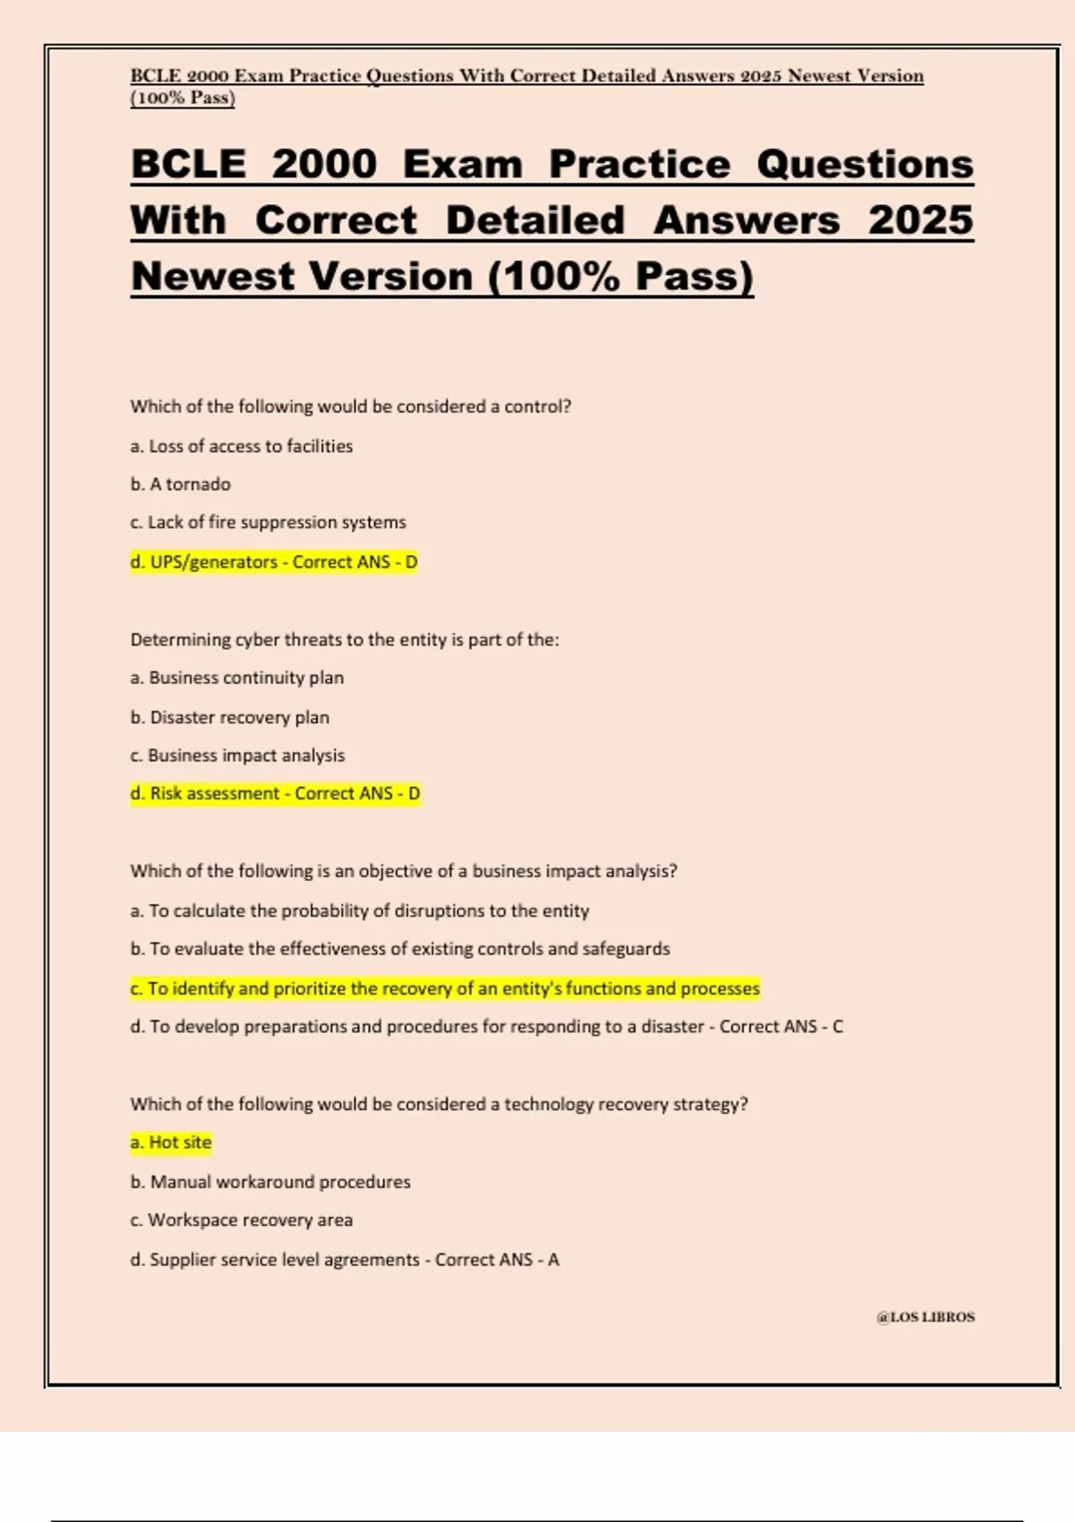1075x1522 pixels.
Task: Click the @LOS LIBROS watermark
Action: (925, 1317)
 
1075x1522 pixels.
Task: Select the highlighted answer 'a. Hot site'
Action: (171, 1142)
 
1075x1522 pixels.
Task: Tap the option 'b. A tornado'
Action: (180, 484)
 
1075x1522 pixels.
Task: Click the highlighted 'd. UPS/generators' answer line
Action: (273, 562)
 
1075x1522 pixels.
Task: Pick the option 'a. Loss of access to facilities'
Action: (241, 446)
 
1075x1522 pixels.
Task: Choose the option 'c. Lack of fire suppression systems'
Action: (268, 522)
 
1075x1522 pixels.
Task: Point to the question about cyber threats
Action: (344, 639)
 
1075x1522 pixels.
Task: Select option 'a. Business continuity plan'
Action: (236, 678)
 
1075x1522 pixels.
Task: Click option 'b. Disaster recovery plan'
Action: (229, 717)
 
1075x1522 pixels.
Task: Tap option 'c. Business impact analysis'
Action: (237, 756)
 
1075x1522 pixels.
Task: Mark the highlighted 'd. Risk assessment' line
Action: (275, 794)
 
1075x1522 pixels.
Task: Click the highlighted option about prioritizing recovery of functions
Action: (444, 988)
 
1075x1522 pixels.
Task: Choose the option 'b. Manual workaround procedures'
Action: (270, 1182)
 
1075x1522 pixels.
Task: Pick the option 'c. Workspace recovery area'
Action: (241, 1220)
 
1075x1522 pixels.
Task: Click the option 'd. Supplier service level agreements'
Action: (344, 1260)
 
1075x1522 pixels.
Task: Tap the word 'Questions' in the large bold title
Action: (864, 165)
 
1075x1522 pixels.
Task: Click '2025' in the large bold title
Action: (920, 221)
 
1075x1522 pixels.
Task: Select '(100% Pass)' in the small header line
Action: (183, 98)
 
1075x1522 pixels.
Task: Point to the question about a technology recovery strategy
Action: (439, 1104)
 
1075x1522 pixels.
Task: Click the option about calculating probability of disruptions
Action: (359, 911)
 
